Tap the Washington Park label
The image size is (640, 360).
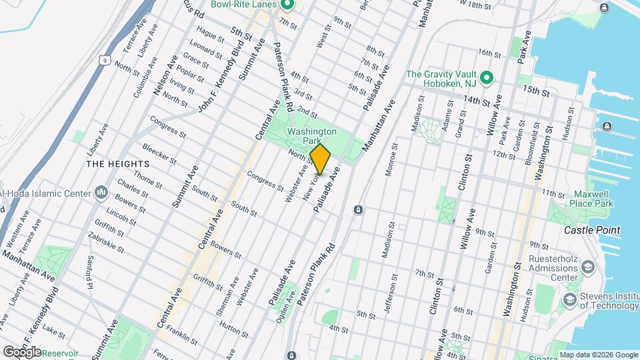(311, 137)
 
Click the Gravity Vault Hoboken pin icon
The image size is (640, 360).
(487, 79)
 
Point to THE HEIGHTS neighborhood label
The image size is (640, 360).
(113, 163)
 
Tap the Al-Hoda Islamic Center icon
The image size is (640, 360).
(102, 193)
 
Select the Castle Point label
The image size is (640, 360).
(592, 230)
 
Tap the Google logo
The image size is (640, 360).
(22, 351)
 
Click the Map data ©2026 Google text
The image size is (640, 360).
(598, 355)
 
